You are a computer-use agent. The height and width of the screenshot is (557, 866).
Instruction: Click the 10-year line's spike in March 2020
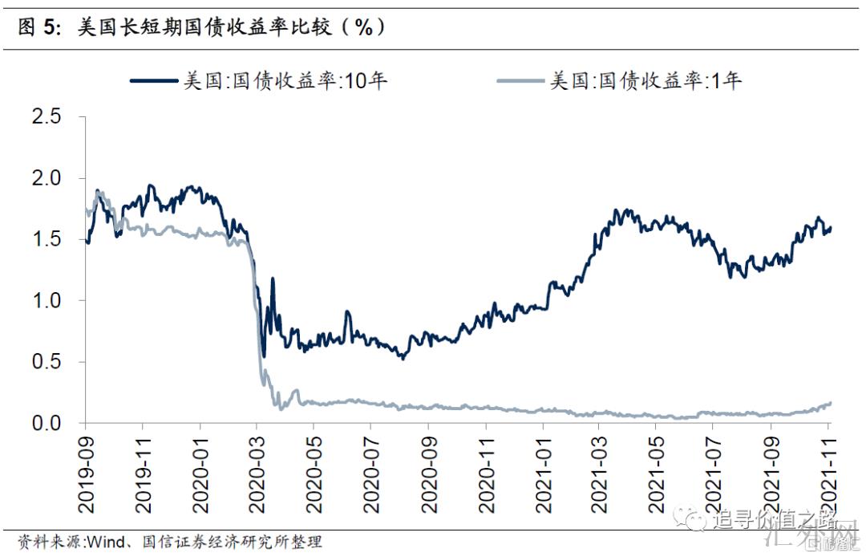(x=273, y=279)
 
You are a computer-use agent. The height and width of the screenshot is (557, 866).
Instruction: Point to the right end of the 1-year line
(x=831, y=403)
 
